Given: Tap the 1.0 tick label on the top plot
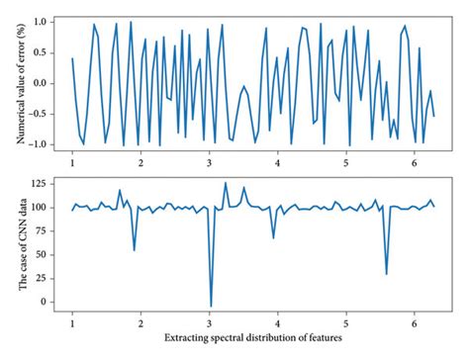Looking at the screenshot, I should coord(46,20).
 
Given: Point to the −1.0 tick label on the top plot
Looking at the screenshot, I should coord(43,144).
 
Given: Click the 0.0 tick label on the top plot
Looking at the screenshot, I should coord(46,82).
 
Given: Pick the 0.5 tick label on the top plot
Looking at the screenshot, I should coord(46,51).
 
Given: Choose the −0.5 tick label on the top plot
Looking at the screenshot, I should coord(43,114).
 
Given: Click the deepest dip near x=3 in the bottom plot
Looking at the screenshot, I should coord(211,307).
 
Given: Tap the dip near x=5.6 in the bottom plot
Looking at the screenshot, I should coord(386,274).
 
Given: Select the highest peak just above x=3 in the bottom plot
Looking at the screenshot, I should coord(225,183).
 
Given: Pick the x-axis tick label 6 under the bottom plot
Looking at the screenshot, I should coord(416,321).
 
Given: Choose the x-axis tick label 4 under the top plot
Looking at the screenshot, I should coord(278,162).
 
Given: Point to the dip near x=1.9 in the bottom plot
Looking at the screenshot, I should coord(135,249).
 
